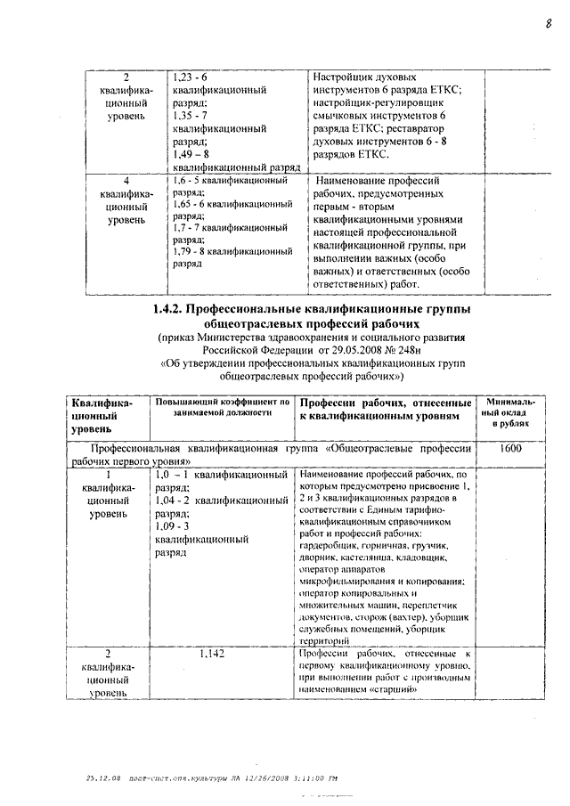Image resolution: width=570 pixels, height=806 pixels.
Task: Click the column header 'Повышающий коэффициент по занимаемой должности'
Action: [222, 408]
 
